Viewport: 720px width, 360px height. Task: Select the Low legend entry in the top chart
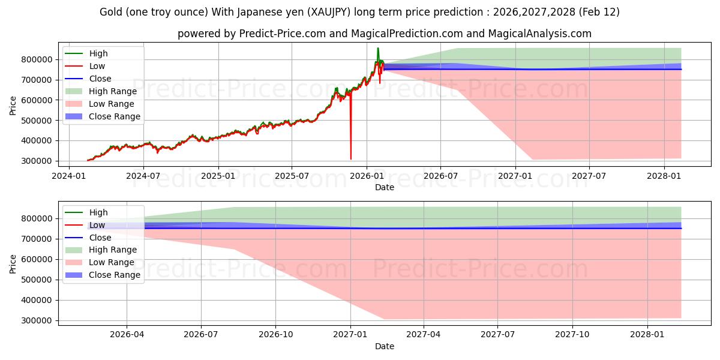point(97,66)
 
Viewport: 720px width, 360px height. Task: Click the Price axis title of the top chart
point(13,104)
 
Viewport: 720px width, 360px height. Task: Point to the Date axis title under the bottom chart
point(385,346)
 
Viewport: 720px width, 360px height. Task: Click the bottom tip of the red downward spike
point(351,159)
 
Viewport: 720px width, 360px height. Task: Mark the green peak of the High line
point(377,48)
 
